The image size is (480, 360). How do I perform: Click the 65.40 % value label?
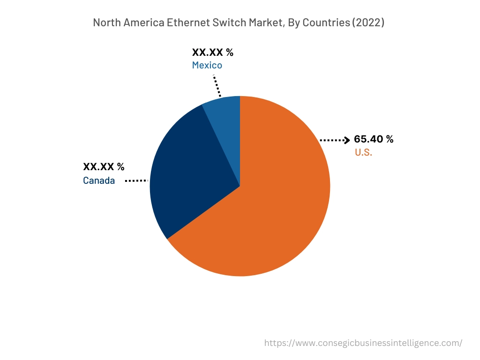point(374,139)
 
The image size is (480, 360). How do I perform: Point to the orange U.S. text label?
point(363,152)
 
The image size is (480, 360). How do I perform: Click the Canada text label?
point(99,180)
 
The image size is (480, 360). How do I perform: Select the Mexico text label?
point(207,65)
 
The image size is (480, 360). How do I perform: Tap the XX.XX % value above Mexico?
point(212,52)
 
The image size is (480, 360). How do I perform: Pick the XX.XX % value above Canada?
point(104,167)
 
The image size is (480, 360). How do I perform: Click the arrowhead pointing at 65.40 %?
point(347,140)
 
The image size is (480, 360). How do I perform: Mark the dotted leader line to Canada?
point(136,180)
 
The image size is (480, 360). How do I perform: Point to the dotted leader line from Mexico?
point(217,85)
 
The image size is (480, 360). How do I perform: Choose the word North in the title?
point(105,23)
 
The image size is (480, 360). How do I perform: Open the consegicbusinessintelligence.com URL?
point(363,343)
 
